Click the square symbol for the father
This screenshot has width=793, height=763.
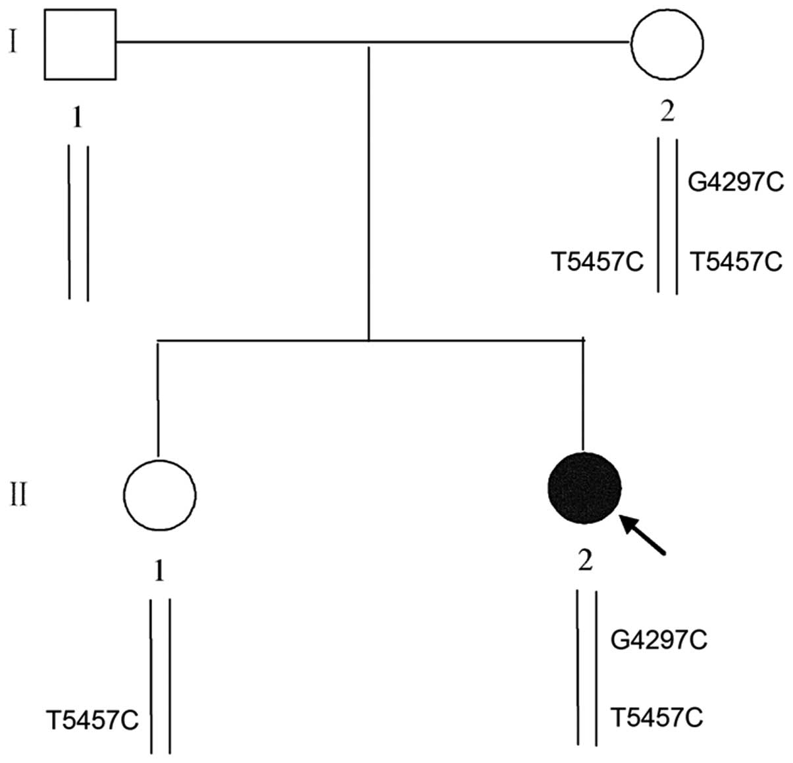click(80, 45)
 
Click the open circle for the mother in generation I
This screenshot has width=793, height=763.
click(667, 43)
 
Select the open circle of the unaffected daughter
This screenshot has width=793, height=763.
click(159, 494)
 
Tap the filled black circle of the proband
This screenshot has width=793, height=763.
click(584, 488)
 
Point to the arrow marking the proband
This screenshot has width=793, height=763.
click(645, 534)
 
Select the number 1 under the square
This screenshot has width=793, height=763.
click(78, 118)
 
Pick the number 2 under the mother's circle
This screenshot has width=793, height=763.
click(667, 113)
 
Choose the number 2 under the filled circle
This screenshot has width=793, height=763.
click(584, 561)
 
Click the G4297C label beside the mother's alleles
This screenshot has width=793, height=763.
click(736, 182)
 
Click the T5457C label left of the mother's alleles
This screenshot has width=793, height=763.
click(597, 263)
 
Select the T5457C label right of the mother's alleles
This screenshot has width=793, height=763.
click(736, 263)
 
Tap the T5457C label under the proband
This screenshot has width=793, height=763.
click(657, 717)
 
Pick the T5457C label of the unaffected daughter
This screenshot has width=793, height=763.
click(92, 720)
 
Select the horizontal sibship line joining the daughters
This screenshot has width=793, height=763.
click(369, 340)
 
